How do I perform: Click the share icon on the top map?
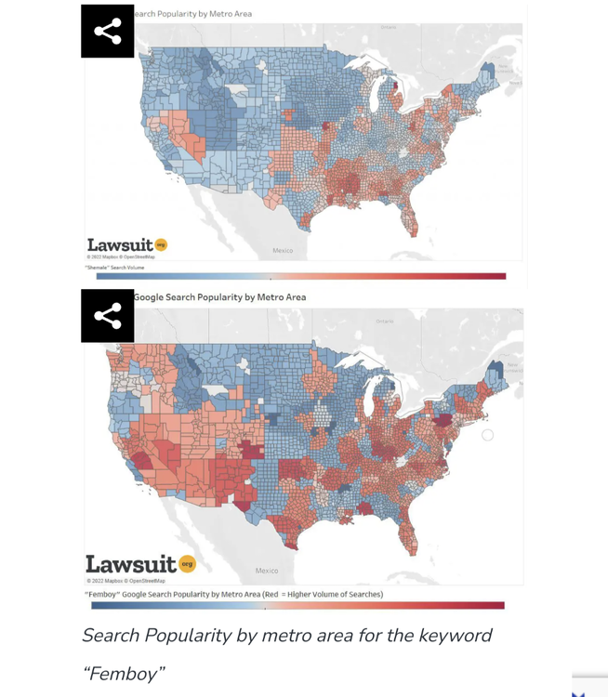click(x=107, y=32)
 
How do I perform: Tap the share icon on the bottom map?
click(x=107, y=316)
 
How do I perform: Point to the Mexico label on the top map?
click(x=283, y=251)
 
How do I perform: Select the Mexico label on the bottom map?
click(x=267, y=571)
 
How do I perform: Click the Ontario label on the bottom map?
click(x=385, y=321)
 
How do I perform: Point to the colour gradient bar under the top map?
click(x=301, y=276)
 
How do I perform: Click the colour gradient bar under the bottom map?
click(x=297, y=605)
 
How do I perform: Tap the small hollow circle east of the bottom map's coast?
click(x=487, y=434)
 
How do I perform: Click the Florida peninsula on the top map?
click(x=412, y=221)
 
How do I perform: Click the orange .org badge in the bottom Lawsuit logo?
click(x=187, y=563)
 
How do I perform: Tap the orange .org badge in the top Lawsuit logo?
click(x=161, y=244)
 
